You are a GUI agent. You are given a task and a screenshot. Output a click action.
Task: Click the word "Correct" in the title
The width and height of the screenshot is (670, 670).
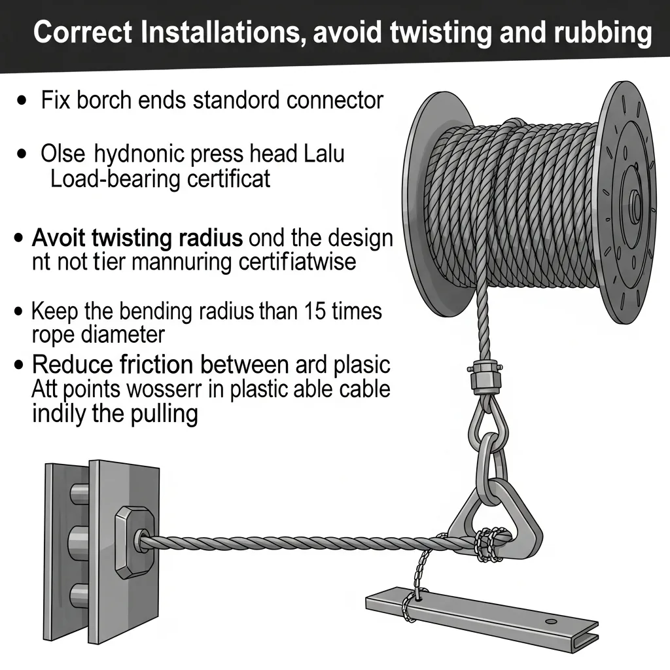point(83,33)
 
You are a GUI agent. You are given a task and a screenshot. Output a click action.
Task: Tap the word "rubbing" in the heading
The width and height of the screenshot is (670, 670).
point(603,34)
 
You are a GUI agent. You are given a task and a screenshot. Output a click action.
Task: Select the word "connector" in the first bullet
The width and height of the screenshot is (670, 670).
point(335,100)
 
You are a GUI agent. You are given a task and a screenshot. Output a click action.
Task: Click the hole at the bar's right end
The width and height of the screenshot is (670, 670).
point(552,621)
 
